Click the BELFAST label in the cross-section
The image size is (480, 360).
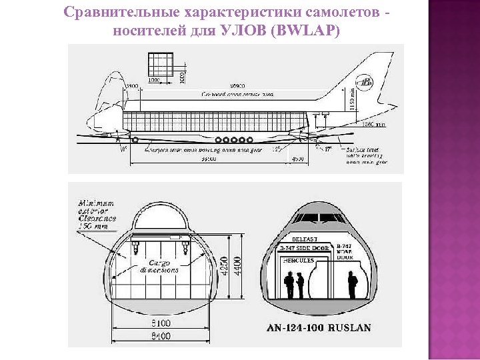305,239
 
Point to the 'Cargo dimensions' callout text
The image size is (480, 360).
159,266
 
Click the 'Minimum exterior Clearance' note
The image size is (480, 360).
97,214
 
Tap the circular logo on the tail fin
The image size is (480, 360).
365,83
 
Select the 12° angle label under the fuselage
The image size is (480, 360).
277,149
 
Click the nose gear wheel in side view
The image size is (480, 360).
136,140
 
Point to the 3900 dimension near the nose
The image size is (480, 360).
132,86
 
